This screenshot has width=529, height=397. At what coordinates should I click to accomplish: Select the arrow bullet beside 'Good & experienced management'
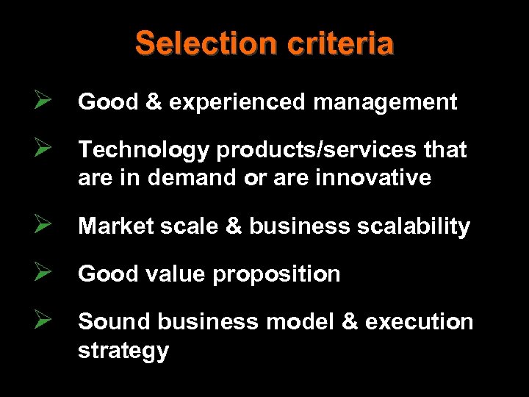click(x=41, y=101)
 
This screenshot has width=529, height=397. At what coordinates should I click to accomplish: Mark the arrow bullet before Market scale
click(x=41, y=226)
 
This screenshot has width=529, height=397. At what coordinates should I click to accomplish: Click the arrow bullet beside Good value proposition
click(x=41, y=273)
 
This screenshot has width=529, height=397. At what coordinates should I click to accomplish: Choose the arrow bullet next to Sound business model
click(x=41, y=321)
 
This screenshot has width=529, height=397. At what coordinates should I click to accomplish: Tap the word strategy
click(x=123, y=351)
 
